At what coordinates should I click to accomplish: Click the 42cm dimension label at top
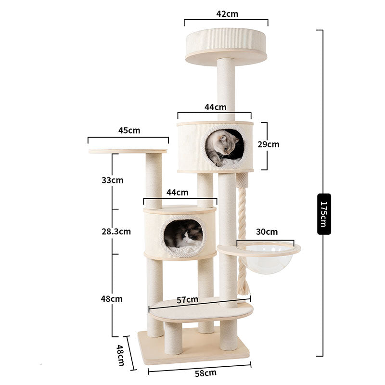click(227, 14)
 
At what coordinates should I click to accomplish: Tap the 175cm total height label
click(324, 214)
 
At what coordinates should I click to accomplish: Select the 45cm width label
click(129, 130)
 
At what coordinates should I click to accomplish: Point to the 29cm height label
click(269, 144)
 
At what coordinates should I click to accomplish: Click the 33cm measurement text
click(112, 180)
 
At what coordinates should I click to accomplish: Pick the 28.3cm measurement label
click(116, 231)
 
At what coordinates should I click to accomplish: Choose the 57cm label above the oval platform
click(187, 300)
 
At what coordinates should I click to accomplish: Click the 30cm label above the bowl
click(267, 231)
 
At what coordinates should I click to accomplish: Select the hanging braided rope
click(242, 226)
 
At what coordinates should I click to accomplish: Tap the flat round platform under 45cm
click(128, 151)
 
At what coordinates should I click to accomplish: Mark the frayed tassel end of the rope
click(244, 287)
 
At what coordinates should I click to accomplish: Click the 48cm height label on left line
click(112, 299)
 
